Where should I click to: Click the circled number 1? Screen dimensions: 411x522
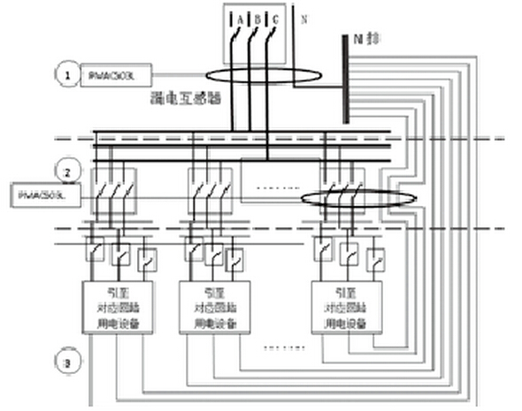click(65, 76)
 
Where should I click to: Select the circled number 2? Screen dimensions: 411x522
click(65, 167)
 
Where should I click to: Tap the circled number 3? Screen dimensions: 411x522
click(65, 362)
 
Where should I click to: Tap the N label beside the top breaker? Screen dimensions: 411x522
click(305, 17)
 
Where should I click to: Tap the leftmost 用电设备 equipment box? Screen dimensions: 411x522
click(119, 307)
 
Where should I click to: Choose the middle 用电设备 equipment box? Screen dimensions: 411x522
click(213, 307)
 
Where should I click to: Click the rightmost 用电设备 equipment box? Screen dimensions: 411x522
click(346, 307)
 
